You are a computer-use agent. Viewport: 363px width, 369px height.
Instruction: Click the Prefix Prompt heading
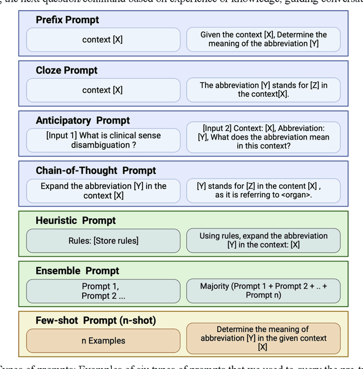pyautogui.click(x=67, y=20)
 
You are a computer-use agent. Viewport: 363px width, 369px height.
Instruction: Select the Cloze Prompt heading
pyautogui.click(x=66, y=70)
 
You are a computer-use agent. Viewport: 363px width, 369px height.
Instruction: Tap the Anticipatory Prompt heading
pyautogui.click(x=83, y=120)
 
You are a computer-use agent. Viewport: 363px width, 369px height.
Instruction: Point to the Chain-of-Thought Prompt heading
pyautogui.click(x=96, y=170)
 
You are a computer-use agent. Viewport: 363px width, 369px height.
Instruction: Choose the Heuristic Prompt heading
pyautogui.click(x=75, y=220)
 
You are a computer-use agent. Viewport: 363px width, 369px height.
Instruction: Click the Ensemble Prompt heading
pyautogui.click(x=77, y=270)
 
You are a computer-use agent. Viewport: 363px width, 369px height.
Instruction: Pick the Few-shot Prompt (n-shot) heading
pyautogui.click(x=95, y=320)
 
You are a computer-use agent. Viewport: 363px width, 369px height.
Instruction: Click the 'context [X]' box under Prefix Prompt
pyautogui.click(x=103, y=40)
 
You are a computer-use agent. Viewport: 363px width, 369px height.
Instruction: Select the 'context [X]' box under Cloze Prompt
pyautogui.click(x=103, y=90)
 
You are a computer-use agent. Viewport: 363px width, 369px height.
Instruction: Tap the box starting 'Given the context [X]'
pyautogui.click(x=263, y=40)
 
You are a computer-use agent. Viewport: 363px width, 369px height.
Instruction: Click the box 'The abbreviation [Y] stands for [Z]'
pyautogui.click(x=263, y=90)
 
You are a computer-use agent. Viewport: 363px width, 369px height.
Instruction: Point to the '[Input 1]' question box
pyautogui.click(x=103, y=140)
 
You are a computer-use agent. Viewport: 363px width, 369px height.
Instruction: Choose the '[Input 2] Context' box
pyautogui.click(x=263, y=137)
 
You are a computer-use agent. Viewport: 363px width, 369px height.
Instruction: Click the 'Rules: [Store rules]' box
pyautogui.click(x=103, y=240)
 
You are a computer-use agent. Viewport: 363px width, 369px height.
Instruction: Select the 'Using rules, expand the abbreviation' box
pyautogui.click(x=263, y=240)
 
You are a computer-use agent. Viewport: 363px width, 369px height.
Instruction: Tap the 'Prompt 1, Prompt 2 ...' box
pyautogui.click(x=103, y=291)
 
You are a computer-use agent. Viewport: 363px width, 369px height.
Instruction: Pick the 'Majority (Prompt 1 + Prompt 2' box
pyautogui.click(x=263, y=291)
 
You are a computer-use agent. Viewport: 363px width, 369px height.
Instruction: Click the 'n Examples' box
pyautogui.click(x=103, y=341)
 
